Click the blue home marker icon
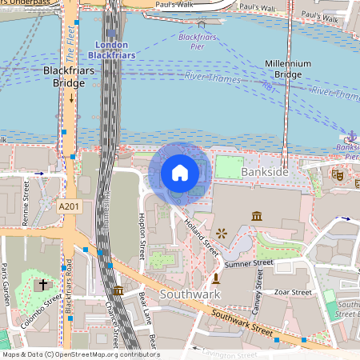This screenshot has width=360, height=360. (180, 173)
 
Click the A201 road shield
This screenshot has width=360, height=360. (70, 206)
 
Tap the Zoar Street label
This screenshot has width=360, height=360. (292, 293)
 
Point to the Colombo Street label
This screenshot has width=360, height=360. (54, 311)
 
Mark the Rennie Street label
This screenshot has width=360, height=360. (26, 198)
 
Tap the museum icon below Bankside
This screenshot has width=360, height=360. (257, 216)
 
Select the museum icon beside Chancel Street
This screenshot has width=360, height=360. (118, 290)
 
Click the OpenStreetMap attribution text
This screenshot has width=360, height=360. (80, 354)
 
